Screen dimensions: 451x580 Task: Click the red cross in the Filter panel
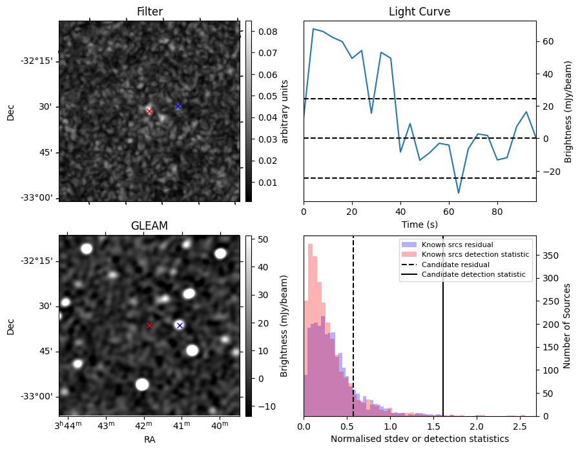pos(149,111)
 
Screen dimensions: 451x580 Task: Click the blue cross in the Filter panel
pos(178,106)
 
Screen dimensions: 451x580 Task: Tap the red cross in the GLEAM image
pos(149,326)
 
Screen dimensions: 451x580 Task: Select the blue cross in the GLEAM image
pos(180,325)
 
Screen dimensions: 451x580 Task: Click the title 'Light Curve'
pos(419,12)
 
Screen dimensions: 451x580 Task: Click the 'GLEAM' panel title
pos(149,226)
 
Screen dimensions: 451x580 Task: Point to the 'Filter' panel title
pos(149,12)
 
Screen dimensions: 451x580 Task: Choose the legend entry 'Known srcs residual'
pos(457,245)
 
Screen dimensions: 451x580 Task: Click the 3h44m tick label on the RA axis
pos(68,426)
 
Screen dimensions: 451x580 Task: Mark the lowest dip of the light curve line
pos(459,193)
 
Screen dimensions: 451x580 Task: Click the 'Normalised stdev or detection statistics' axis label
pos(419,439)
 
